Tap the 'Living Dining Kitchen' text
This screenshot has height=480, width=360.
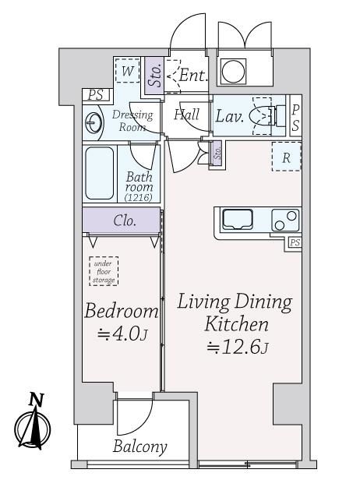(x=235, y=313)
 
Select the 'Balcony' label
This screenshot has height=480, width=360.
(x=140, y=447)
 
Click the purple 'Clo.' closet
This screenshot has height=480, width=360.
(x=122, y=220)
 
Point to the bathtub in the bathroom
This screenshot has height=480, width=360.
(x=100, y=173)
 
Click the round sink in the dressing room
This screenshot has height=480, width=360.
(x=93, y=123)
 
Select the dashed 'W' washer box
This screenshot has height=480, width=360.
(x=127, y=70)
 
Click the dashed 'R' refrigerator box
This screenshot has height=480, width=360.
(x=287, y=157)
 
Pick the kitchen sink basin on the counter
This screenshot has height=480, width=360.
(x=238, y=219)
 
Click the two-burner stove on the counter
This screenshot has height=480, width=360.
(x=285, y=220)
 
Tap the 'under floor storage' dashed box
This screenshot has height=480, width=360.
(x=104, y=271)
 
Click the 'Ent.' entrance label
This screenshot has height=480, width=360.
(x=193, y=75)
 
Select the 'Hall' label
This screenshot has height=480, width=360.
(x=187, y=115)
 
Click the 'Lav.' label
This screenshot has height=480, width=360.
(x=230, y=116)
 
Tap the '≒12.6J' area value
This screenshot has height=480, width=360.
(x=238, y=348)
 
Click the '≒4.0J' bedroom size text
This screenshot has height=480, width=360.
(x=122, y=334)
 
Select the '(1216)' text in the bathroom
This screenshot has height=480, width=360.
(x=139, y=197)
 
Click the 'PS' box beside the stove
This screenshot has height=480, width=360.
(x=295, y=243)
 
